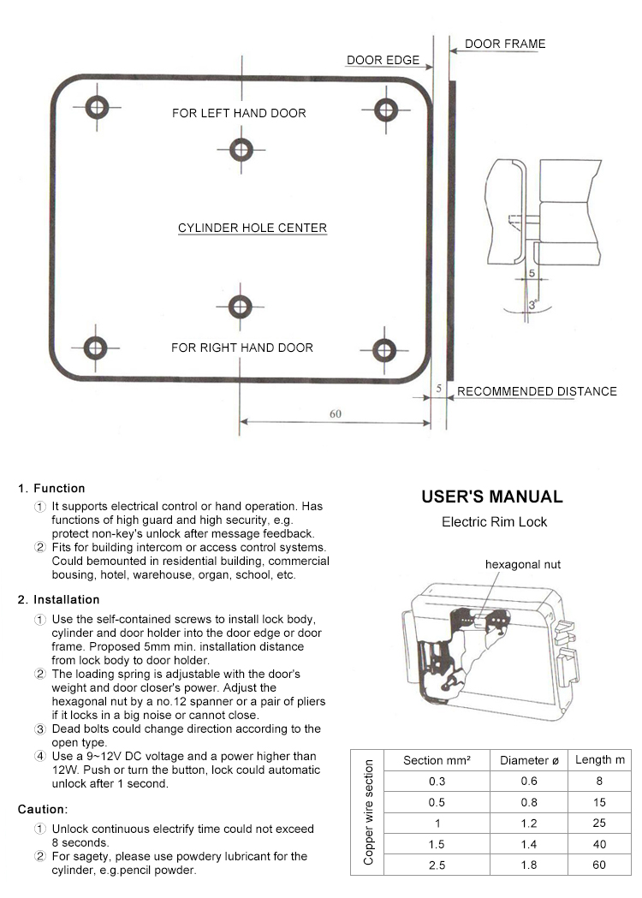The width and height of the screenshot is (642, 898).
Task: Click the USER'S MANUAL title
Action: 492,497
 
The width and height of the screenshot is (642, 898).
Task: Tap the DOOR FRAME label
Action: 504,44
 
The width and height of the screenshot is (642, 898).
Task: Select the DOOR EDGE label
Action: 383,61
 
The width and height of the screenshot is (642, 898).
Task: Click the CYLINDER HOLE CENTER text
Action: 253,228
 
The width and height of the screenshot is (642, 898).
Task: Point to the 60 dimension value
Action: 336,413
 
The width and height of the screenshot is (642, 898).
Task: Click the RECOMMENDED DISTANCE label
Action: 537,391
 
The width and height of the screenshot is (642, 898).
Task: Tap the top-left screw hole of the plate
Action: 97,108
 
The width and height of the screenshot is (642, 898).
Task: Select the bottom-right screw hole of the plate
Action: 384,348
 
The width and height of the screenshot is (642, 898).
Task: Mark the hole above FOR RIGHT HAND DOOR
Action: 241,306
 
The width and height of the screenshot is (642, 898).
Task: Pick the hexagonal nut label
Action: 523,565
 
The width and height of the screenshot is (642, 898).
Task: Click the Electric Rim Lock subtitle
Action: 494,521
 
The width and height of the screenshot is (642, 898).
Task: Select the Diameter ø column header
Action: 528,760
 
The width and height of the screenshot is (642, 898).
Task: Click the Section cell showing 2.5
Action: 437,865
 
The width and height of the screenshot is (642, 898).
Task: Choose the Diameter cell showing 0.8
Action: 528,802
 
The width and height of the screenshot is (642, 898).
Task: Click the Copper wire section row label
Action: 368,813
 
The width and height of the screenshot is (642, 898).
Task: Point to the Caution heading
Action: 43,809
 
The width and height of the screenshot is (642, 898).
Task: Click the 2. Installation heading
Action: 58,599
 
